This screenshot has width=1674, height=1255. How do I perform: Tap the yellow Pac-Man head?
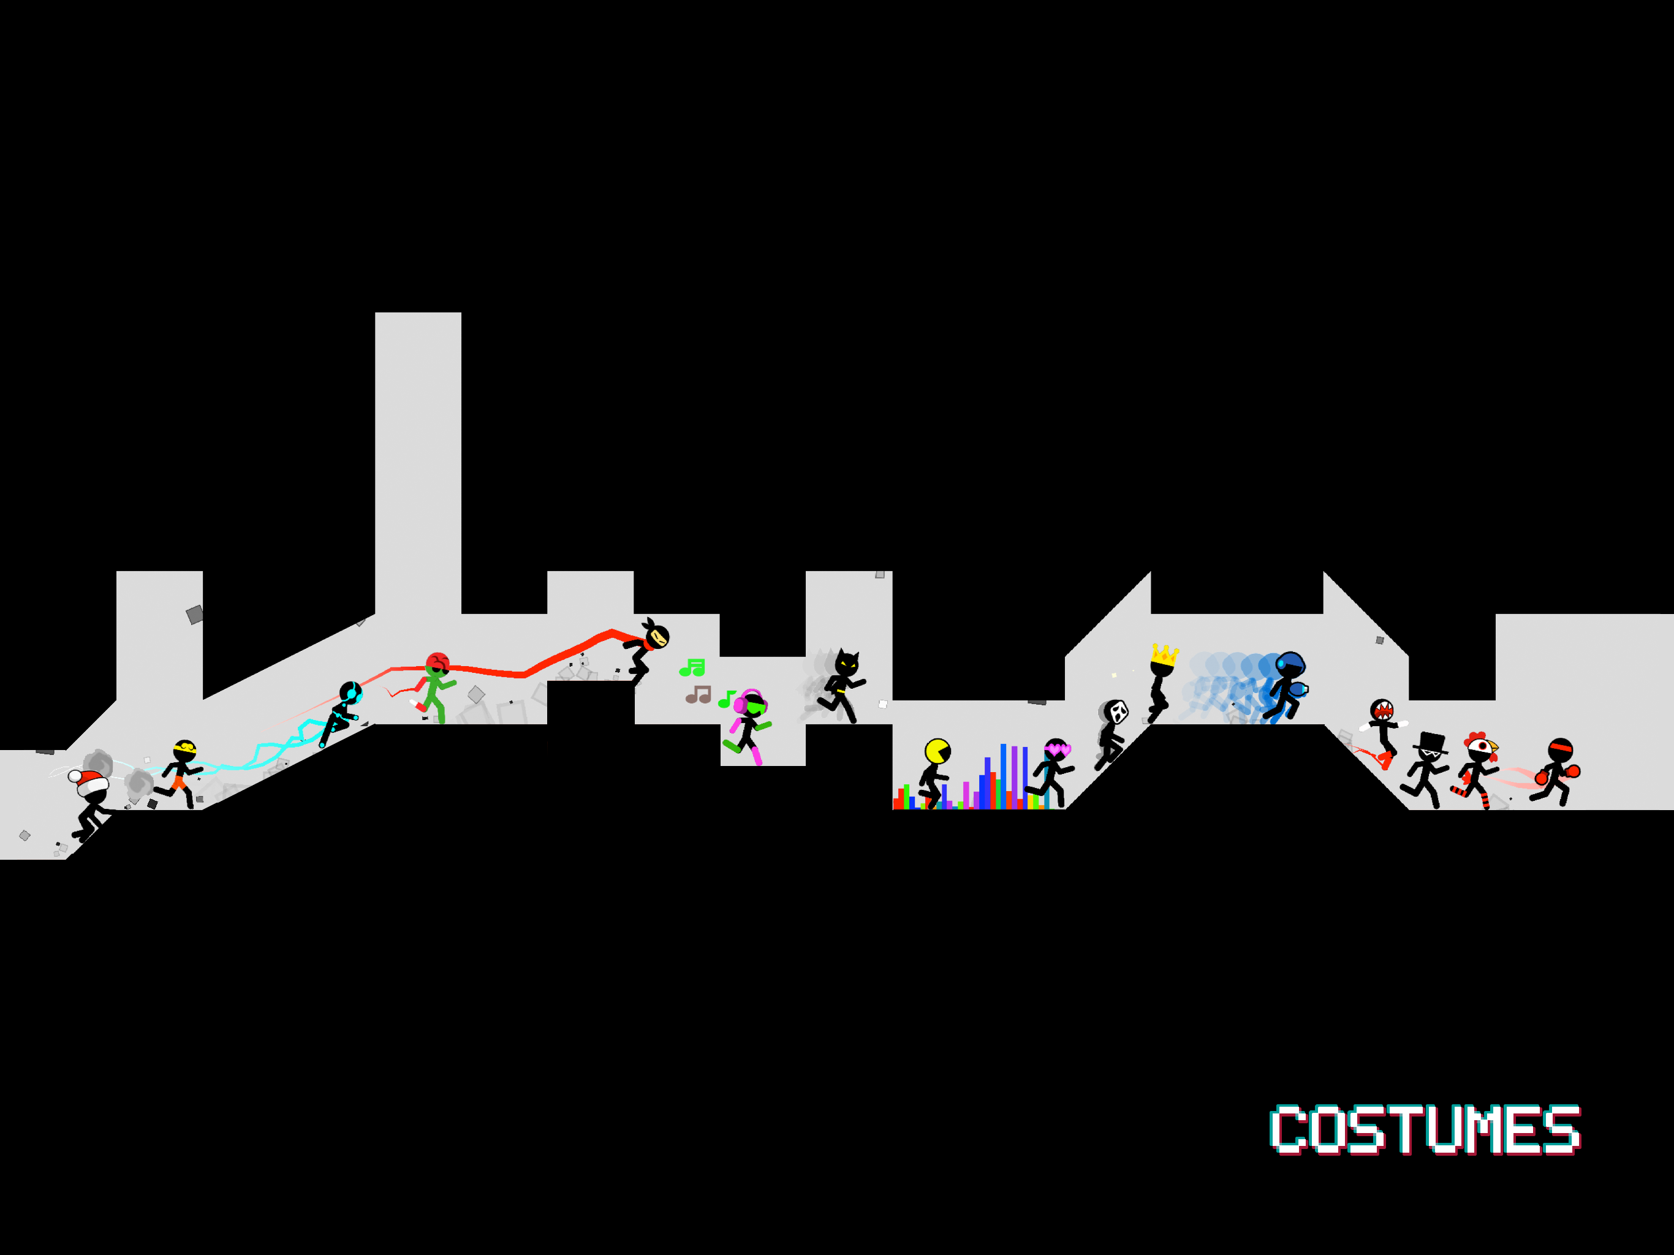[x=937, y=752]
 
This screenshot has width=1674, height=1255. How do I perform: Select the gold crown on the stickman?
[x=1165, y=654]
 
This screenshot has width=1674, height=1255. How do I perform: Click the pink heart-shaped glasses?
[x=1057, y=750]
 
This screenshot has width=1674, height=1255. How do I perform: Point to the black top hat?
[x=1430, y=743]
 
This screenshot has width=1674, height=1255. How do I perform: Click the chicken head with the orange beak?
[x=1480, y=747]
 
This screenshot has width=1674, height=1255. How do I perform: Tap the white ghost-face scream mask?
[x=1117, y=711]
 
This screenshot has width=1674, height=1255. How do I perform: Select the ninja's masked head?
[x=656, y=636]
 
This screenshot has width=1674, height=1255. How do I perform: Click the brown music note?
[x=698, y=694]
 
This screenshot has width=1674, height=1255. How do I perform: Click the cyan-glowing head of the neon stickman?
[x=350, y=692]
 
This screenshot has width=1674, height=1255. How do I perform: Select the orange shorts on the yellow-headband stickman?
[x=180, y=783]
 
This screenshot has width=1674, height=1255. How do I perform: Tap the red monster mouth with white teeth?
[x=1382, y=711]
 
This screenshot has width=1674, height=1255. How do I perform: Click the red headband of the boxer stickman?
[x=1561, y=749]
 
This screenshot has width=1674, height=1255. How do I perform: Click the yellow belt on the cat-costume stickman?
[x=839, y=692]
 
